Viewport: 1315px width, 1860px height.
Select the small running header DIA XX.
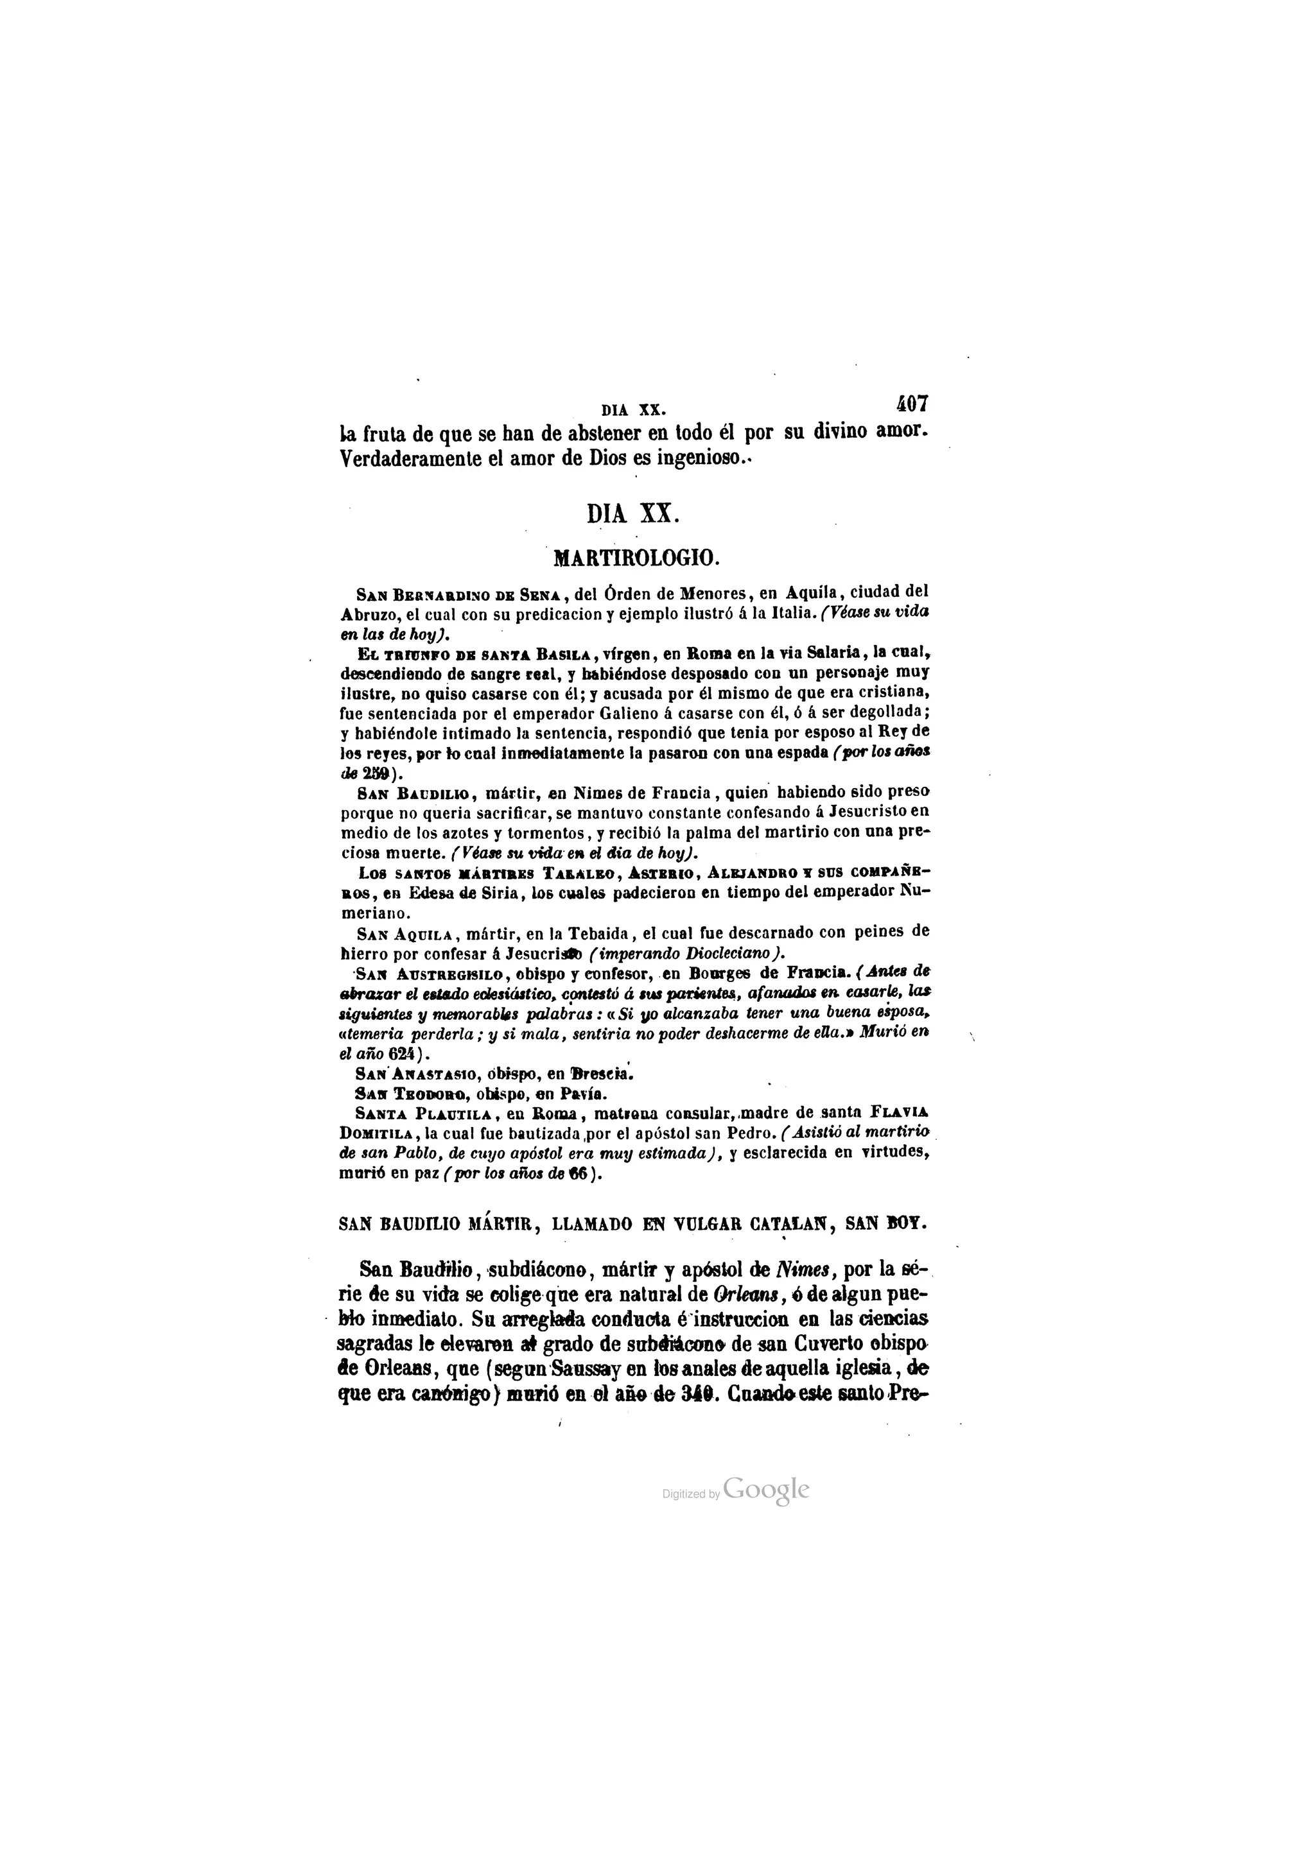coord(634,410)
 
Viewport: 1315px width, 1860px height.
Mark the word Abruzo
coord(365,612)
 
